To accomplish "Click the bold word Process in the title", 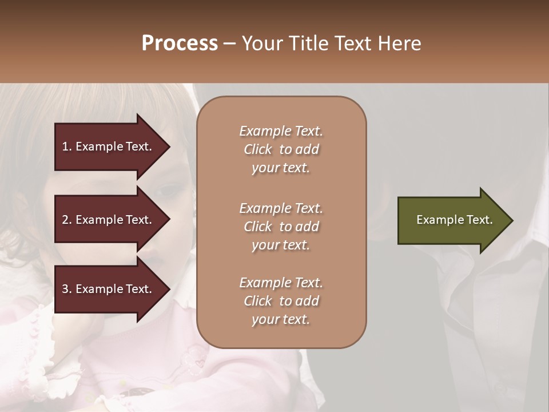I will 180,43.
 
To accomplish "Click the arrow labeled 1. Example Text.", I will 109,146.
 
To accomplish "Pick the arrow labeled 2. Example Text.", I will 109,220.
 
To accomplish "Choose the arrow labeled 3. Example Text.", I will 109,289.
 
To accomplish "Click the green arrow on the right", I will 452,220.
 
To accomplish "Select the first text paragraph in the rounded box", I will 281,149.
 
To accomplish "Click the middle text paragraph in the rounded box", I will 281,227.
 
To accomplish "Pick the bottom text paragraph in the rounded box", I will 281,301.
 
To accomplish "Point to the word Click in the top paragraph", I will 258,149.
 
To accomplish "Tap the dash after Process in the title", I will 229,44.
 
